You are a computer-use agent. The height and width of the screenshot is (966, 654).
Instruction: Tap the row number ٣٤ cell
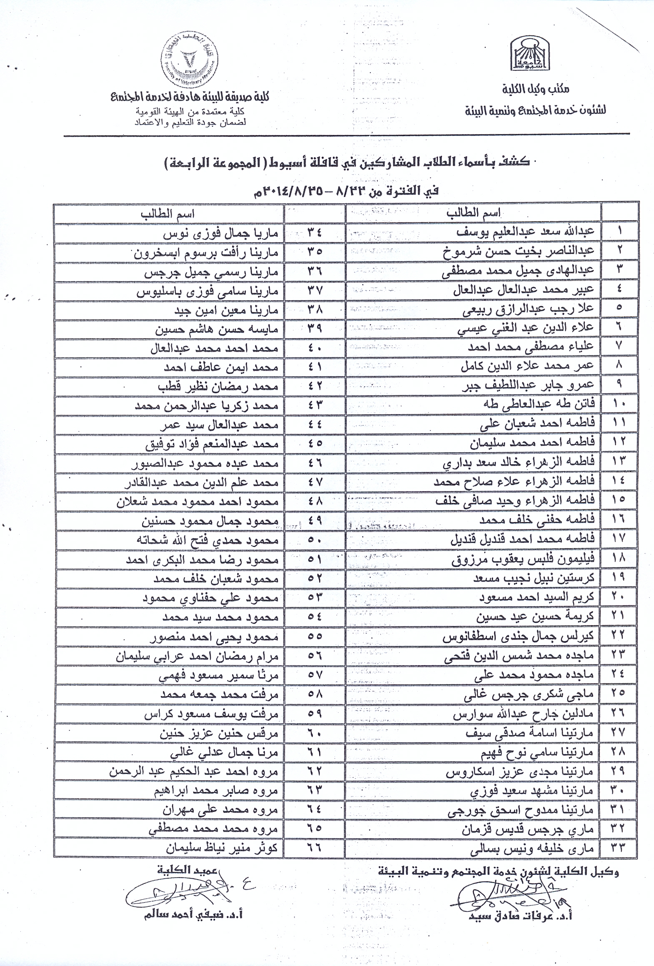[x=315, y=233]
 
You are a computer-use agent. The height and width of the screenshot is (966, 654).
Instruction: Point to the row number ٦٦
[x=315, y=848]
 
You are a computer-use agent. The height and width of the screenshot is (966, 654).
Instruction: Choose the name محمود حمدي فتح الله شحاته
[x=207, y=541]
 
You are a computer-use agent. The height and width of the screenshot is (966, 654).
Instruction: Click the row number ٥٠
[x=315, y=541]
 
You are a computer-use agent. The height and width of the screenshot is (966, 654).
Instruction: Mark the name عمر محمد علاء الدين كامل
[x=527, y=367]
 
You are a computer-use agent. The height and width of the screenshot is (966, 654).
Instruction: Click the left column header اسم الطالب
[x=167, y=214]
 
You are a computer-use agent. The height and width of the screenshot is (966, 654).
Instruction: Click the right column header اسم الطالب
[x=474, y=213]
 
